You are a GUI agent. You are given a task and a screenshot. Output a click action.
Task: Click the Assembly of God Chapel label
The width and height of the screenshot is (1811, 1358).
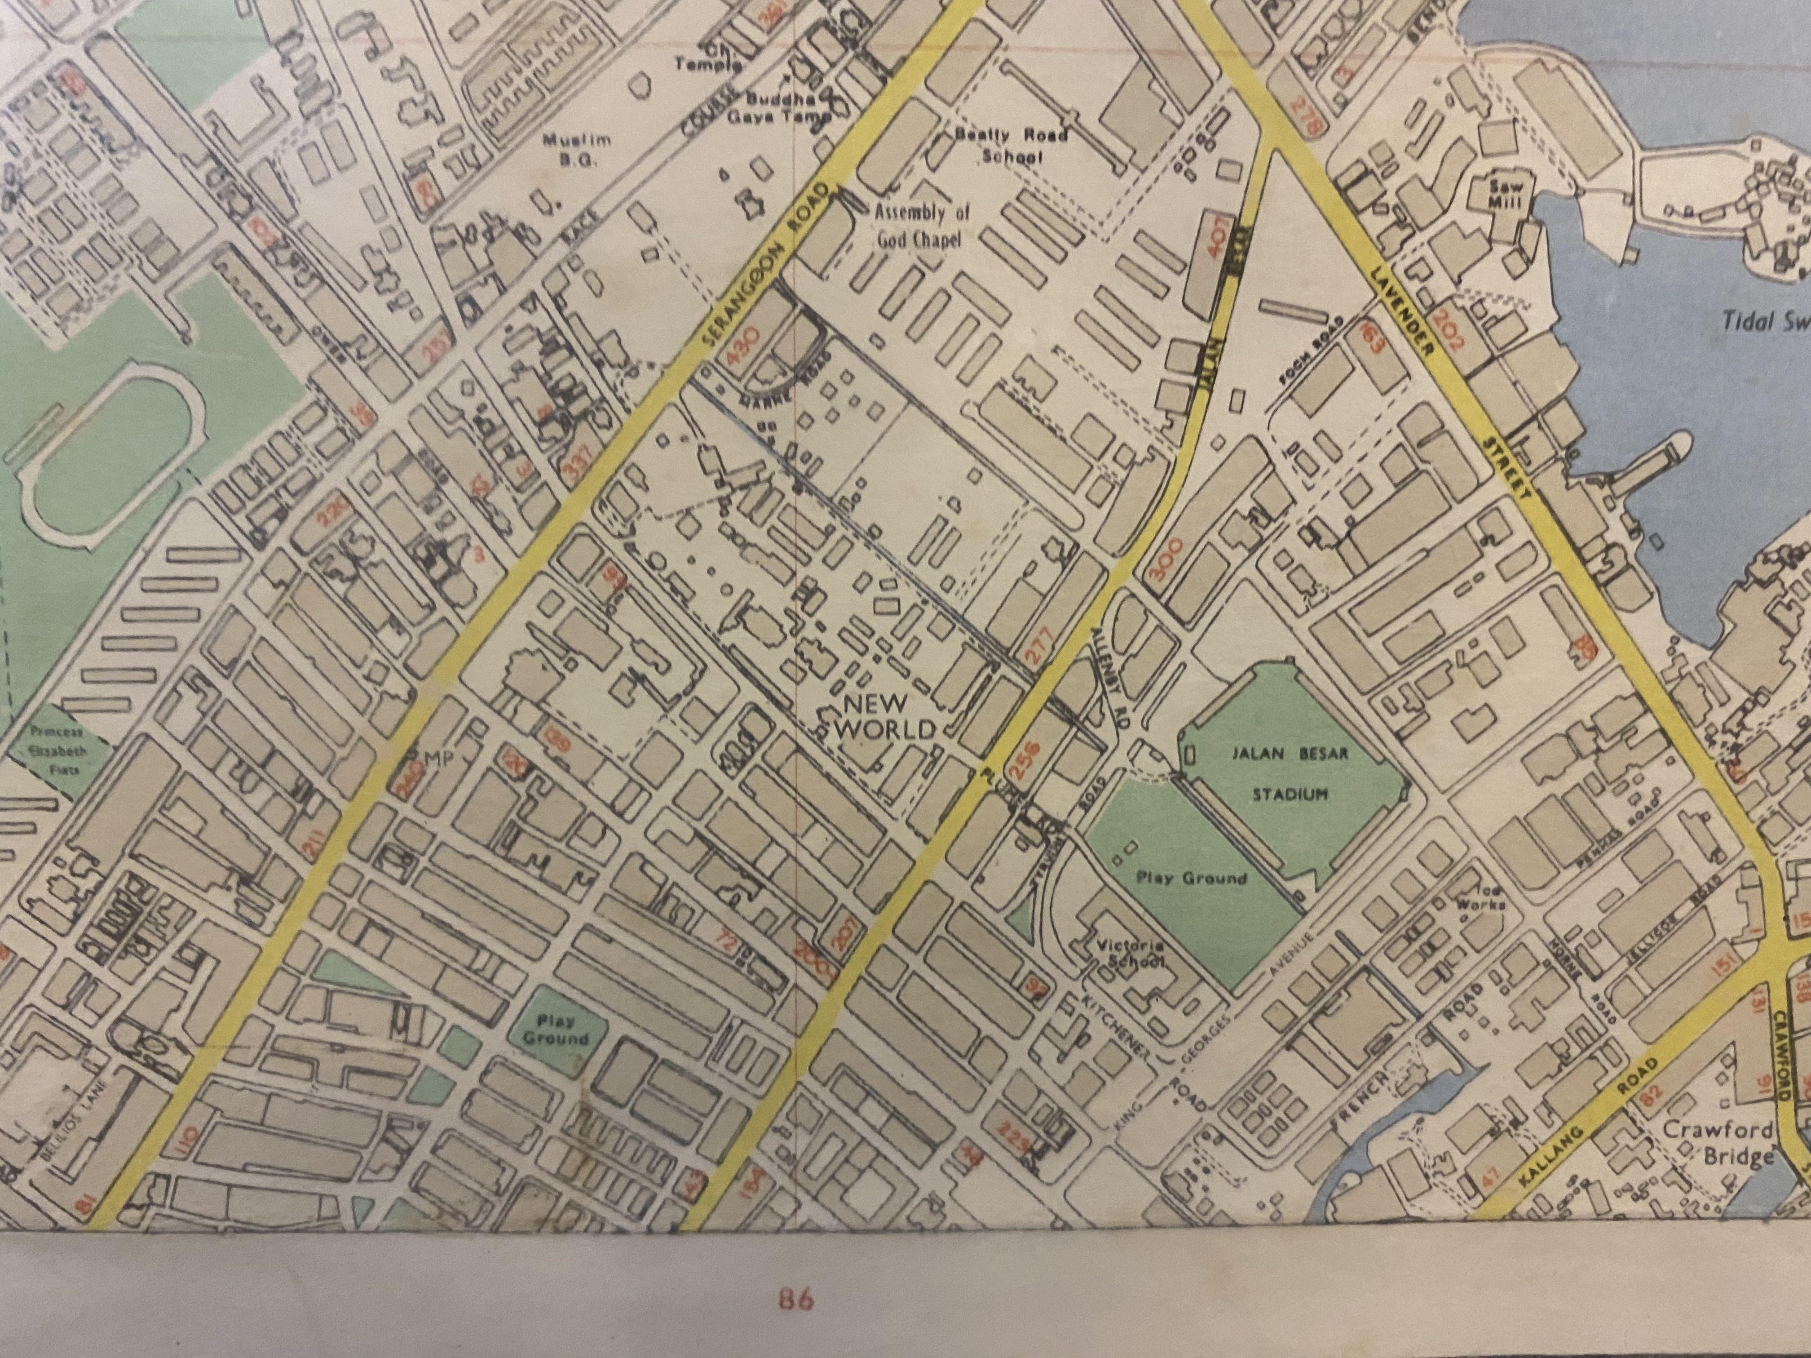tap(922, 226)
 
